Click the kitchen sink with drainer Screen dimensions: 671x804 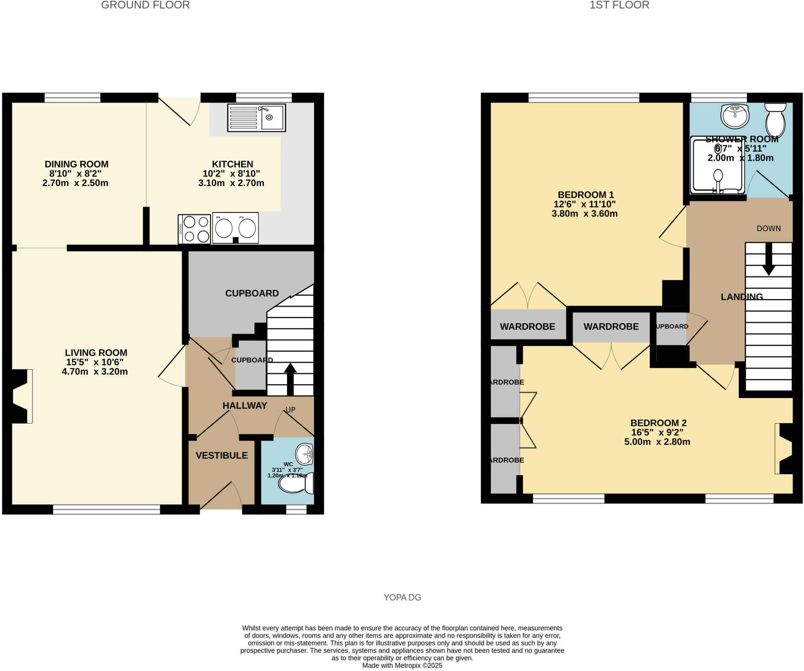click(256, 117)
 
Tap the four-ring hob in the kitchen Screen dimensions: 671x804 click(195, 229)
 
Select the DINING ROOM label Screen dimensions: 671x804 click(77, 164)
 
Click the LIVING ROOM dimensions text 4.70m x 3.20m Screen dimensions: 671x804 click(95, 371)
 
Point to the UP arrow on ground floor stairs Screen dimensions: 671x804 click(290, 378)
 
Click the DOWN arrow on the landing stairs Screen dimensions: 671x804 click(768, 259)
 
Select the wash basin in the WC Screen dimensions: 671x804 click(305, 454)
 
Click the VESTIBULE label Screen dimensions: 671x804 click(222, 455)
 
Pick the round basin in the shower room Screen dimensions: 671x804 click(735, 116)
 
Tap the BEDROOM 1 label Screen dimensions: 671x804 click(586, 195)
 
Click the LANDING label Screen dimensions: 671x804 click(742, 297)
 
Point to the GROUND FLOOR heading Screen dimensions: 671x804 click(145, 5)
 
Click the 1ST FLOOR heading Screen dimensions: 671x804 click(619, 5)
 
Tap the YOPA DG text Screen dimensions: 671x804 click(402, 598)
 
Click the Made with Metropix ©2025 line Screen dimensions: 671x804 click(402, 666)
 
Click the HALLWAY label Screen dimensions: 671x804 click(245, 406)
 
